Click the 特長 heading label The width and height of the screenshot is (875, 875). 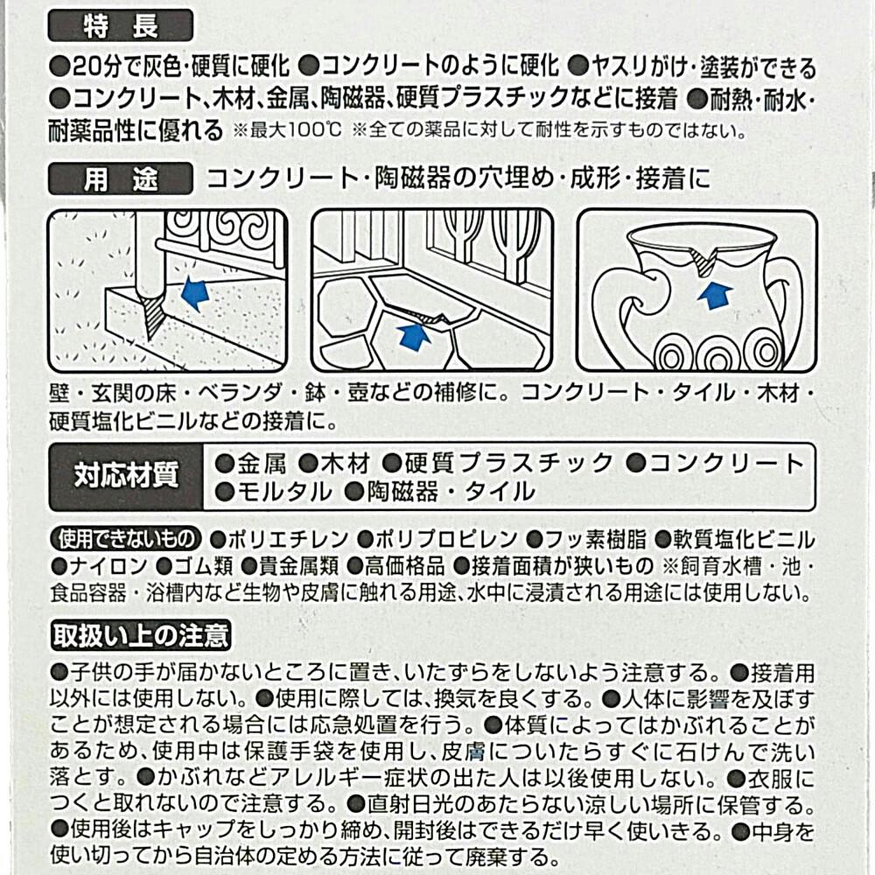click(x=121, y=25)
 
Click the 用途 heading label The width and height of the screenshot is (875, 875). click(x=121, y=179)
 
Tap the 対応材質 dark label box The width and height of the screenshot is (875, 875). click(x=126, y=477)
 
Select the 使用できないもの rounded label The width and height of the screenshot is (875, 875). click(x=126, y=538)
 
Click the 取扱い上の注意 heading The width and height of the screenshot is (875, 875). click(x=141, y=635)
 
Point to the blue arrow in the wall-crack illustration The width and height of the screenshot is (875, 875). click(x=195, y=293)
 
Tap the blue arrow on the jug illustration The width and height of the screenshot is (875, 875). click(x=715, y=296)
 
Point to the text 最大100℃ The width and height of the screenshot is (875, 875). click(x=296, y=130)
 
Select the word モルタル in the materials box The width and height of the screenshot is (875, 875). click(x=284, y=492)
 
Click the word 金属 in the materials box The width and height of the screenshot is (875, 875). click(x=262, y=463)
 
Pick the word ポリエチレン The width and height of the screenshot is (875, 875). click(x=288, y=540)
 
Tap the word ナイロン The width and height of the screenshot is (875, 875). click(x=108, y=566)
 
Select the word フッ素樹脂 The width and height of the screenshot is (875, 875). click(x=595, y=540)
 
